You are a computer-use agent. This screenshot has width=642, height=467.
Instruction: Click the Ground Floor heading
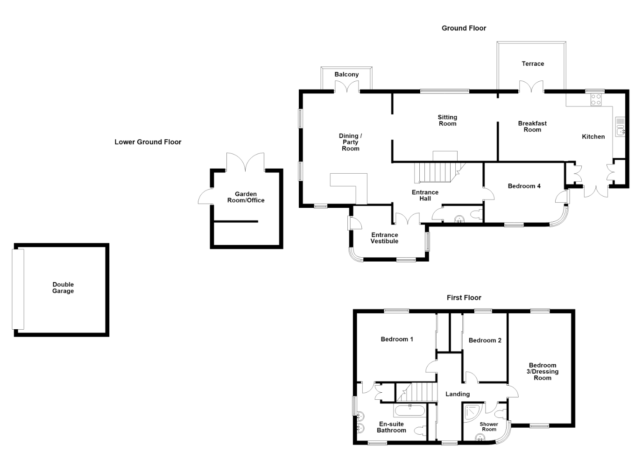point(464,28)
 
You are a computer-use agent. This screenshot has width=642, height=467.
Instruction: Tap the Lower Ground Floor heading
point(148,142)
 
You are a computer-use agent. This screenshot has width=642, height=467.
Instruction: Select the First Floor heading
point(464,297)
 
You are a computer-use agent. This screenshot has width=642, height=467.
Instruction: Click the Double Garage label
point(63,288)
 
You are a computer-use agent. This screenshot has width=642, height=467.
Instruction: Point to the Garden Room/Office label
point(246,197)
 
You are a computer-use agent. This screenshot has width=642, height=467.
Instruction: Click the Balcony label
point(346,74)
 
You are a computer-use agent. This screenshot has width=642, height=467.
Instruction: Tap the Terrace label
point(533,64)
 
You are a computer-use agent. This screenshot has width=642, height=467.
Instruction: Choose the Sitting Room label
point(447,120)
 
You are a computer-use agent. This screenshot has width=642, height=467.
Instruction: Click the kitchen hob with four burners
point(596,99)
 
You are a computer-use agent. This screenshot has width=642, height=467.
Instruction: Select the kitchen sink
point(620,127)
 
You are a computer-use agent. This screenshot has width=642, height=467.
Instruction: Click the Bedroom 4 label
point(524,186)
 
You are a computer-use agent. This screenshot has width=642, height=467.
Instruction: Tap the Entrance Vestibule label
point(384,238)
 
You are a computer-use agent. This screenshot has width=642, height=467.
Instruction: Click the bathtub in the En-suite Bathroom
point(410,411)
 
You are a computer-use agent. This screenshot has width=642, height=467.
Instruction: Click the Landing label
point(458,394)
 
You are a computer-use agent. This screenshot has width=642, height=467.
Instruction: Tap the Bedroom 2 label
point(485,340)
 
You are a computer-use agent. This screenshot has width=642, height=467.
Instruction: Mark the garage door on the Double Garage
point(18,289)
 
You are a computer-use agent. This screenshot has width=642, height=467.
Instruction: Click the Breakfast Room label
point(532,127)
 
